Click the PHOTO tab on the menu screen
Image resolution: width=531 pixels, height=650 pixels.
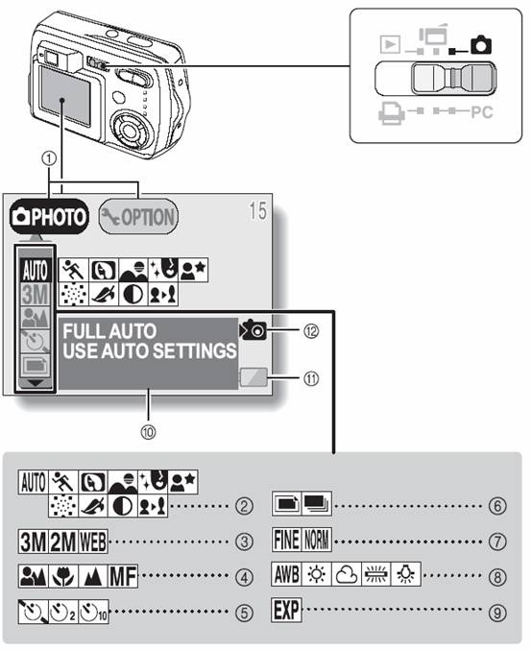[x=49, y=217]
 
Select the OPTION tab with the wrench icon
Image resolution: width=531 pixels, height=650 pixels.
[x=138, y=217]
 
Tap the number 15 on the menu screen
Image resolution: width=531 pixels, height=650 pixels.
[x=257, y=211]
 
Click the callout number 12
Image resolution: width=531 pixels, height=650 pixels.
[x=311, y=331]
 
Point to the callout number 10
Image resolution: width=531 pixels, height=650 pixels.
[x=148, y=432]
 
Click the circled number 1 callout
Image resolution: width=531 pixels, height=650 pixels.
[x=49, y=158]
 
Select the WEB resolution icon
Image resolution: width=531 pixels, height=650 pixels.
[x=93, y=542]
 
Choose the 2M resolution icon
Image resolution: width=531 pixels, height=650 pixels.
[x=63, y=542]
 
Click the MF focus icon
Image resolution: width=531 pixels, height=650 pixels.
[x=123, y=576]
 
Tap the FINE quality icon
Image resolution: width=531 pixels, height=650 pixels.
[x=286, y=540]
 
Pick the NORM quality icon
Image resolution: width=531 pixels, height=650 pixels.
[x=317, y=540]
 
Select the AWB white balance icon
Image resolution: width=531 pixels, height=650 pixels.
[x=286, y=574]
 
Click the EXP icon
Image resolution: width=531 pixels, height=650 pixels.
[x=286, y=610]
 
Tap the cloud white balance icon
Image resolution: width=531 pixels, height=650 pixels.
[x=347, y=574]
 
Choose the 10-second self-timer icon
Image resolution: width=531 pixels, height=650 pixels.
[x=94, y=612]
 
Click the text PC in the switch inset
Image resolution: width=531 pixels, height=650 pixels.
[x=482, y=112]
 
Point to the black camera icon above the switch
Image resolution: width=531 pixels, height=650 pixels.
[x=481, y=45]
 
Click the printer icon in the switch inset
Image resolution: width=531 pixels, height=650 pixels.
[x=391, y=112]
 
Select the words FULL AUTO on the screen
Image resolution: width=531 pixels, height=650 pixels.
[x=109, y=331]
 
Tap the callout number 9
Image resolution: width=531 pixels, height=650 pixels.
[x=497, y=613]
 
